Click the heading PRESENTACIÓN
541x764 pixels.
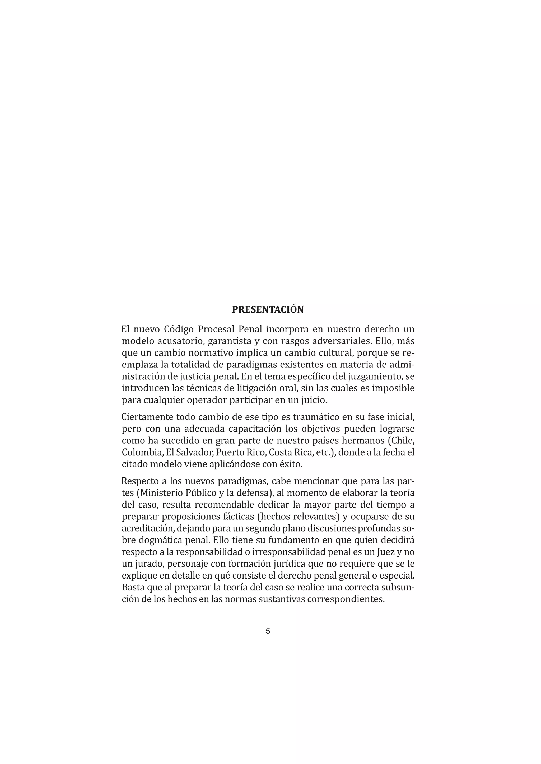268,309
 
